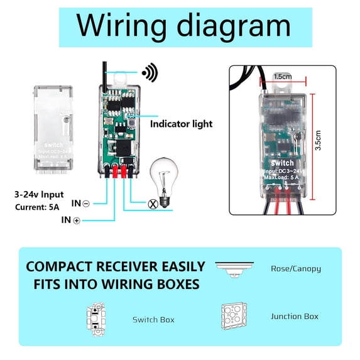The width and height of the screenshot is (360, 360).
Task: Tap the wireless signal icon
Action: click(149, 73)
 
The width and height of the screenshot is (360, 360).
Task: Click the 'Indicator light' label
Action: click(181, 124)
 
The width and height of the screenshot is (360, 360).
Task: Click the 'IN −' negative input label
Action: click(80, 204)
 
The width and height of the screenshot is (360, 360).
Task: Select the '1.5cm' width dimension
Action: click(283, 76)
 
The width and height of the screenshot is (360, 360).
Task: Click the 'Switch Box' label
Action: click(153, 319)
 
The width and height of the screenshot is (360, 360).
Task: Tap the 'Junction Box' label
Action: click(294, 316)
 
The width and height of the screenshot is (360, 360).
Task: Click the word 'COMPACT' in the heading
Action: click(58, 266)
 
